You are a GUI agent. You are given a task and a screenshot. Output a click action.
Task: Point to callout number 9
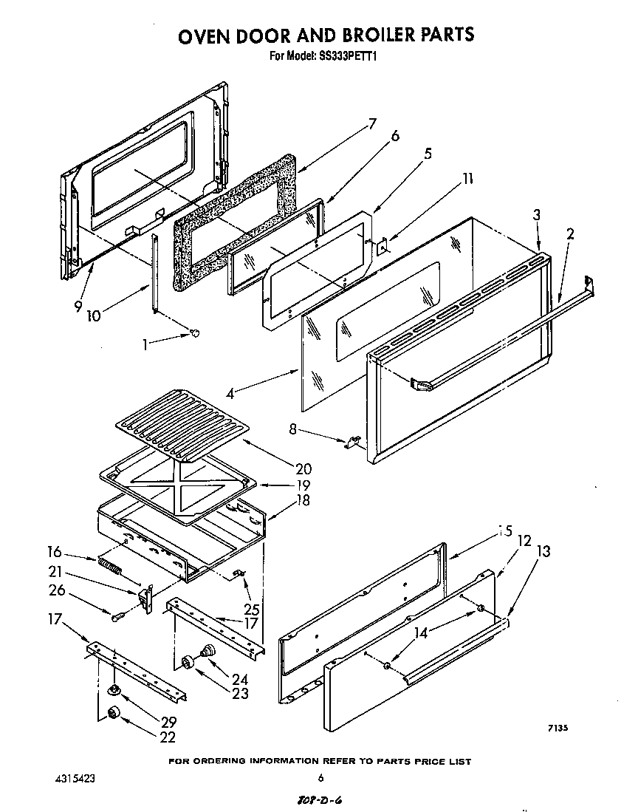78,305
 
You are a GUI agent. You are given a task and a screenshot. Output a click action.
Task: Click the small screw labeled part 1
194,333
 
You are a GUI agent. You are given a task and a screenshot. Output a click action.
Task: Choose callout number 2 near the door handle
570,235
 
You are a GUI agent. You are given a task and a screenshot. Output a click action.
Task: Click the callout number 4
230,394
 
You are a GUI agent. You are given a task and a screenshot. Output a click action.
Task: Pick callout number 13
543,550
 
